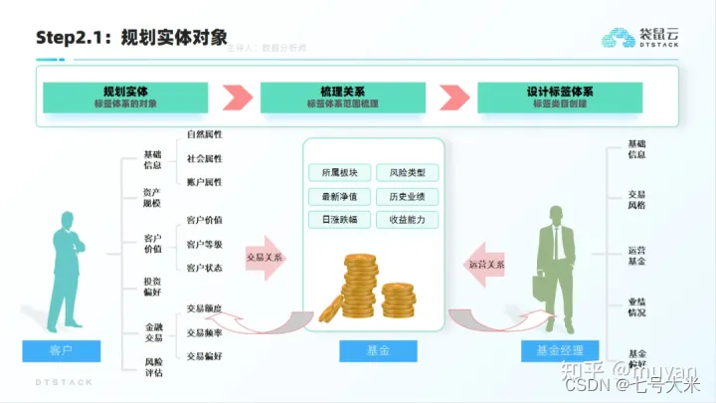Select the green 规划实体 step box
[125, 97]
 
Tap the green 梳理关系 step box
[342, 97]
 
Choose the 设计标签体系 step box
[560, 97]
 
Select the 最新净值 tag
[339, 195]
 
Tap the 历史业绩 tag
[406, 195]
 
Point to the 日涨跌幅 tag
[339, 219]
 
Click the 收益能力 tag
[406, 219]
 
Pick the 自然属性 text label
[205, 134]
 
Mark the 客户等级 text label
[205, 244]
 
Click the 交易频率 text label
[205, 331]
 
